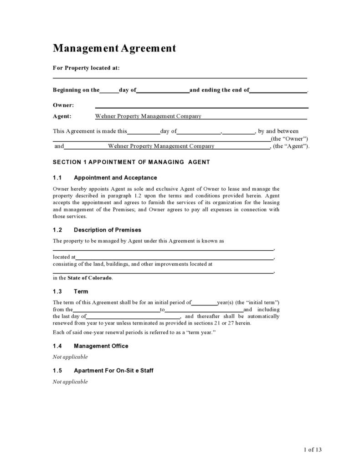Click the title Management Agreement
[x=114, y=48]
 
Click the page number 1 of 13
[x=313, y=450]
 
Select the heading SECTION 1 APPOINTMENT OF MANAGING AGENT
[x=131, y=162]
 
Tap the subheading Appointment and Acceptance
[x=115, y=177]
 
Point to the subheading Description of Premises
[x=108, y=230]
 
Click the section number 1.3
[x=57, y=291]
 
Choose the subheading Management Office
[x=101, y=346]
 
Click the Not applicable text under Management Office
[x=70, y=357]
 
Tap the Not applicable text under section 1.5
[x=70, y=382]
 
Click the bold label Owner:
[x=63, y=105]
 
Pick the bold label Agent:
[x=62, y=116]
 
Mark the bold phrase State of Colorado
[x=90, y=278]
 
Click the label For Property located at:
[x=86, y=68]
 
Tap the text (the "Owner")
[x=289, y=139]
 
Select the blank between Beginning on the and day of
[x=109, y=91]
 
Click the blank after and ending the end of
[x=278, y=91]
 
